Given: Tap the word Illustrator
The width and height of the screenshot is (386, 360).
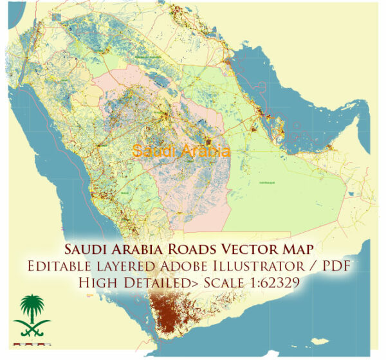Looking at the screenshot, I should click(x=264, y=266).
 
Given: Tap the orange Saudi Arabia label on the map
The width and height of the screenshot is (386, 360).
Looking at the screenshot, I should click(x=180, y=151).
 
